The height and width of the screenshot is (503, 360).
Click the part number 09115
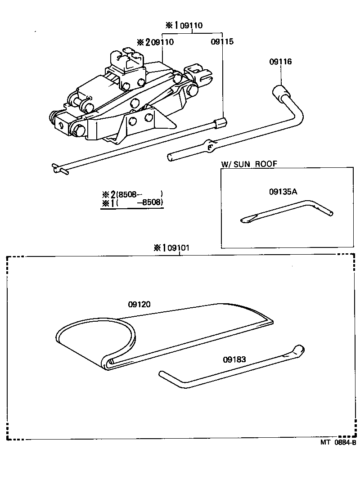tap(222, 42)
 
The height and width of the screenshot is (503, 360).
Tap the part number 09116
tap(280, 62)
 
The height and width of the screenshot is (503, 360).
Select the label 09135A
tap(283, 192)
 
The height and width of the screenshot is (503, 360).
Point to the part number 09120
tap(139, 304)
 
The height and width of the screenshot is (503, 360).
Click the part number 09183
tap(234, 359)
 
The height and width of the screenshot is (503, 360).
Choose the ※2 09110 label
tap(155, 42)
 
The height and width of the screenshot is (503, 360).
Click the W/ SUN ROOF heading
tap(249, 164)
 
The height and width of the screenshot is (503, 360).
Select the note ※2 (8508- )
tap(132, 195)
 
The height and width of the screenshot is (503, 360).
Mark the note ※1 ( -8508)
tap(132, 203)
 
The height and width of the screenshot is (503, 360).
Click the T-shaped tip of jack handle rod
tap(60, 168)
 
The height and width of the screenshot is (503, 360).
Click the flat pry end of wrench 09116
tap(173, 157)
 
